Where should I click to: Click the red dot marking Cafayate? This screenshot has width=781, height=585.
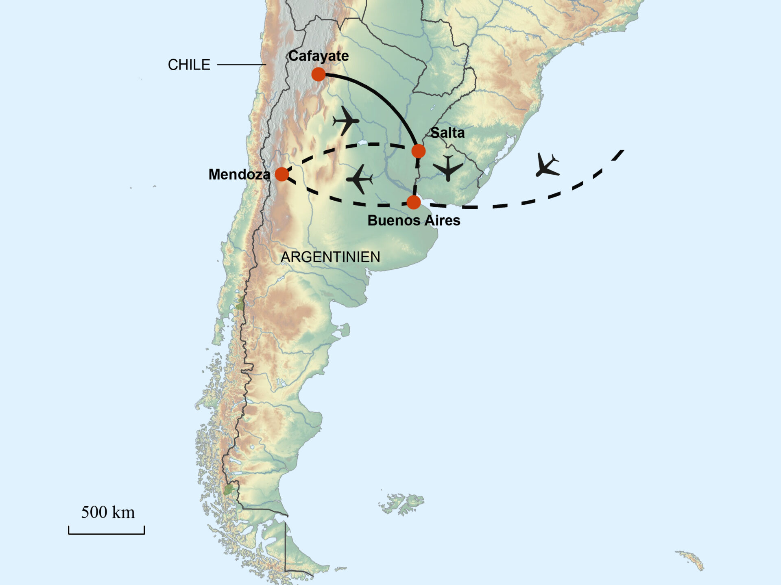[319, 74]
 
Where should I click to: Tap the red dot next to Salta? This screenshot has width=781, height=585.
[418, 151]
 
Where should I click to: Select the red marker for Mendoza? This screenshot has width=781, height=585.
[282, 174]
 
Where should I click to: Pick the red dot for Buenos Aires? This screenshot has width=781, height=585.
[413, 202]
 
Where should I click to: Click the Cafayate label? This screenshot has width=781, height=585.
[319, 56]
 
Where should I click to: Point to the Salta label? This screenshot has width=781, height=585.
[447, 133]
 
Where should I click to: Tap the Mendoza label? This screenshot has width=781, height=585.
[239, 174]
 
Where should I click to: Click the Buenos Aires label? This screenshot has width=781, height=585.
[414, 221]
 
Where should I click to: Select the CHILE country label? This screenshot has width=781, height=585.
[189, 65]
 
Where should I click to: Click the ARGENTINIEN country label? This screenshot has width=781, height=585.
[330, 257]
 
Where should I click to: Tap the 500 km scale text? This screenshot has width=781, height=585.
[108, 512]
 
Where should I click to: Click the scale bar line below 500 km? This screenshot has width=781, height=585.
[107, 533]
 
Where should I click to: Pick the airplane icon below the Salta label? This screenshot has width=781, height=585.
[448, 167]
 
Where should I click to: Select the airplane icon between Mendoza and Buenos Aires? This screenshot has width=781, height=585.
[359, 179]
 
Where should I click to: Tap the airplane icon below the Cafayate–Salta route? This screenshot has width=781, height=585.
[346, 121]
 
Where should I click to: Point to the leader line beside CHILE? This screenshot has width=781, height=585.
[241, 65]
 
